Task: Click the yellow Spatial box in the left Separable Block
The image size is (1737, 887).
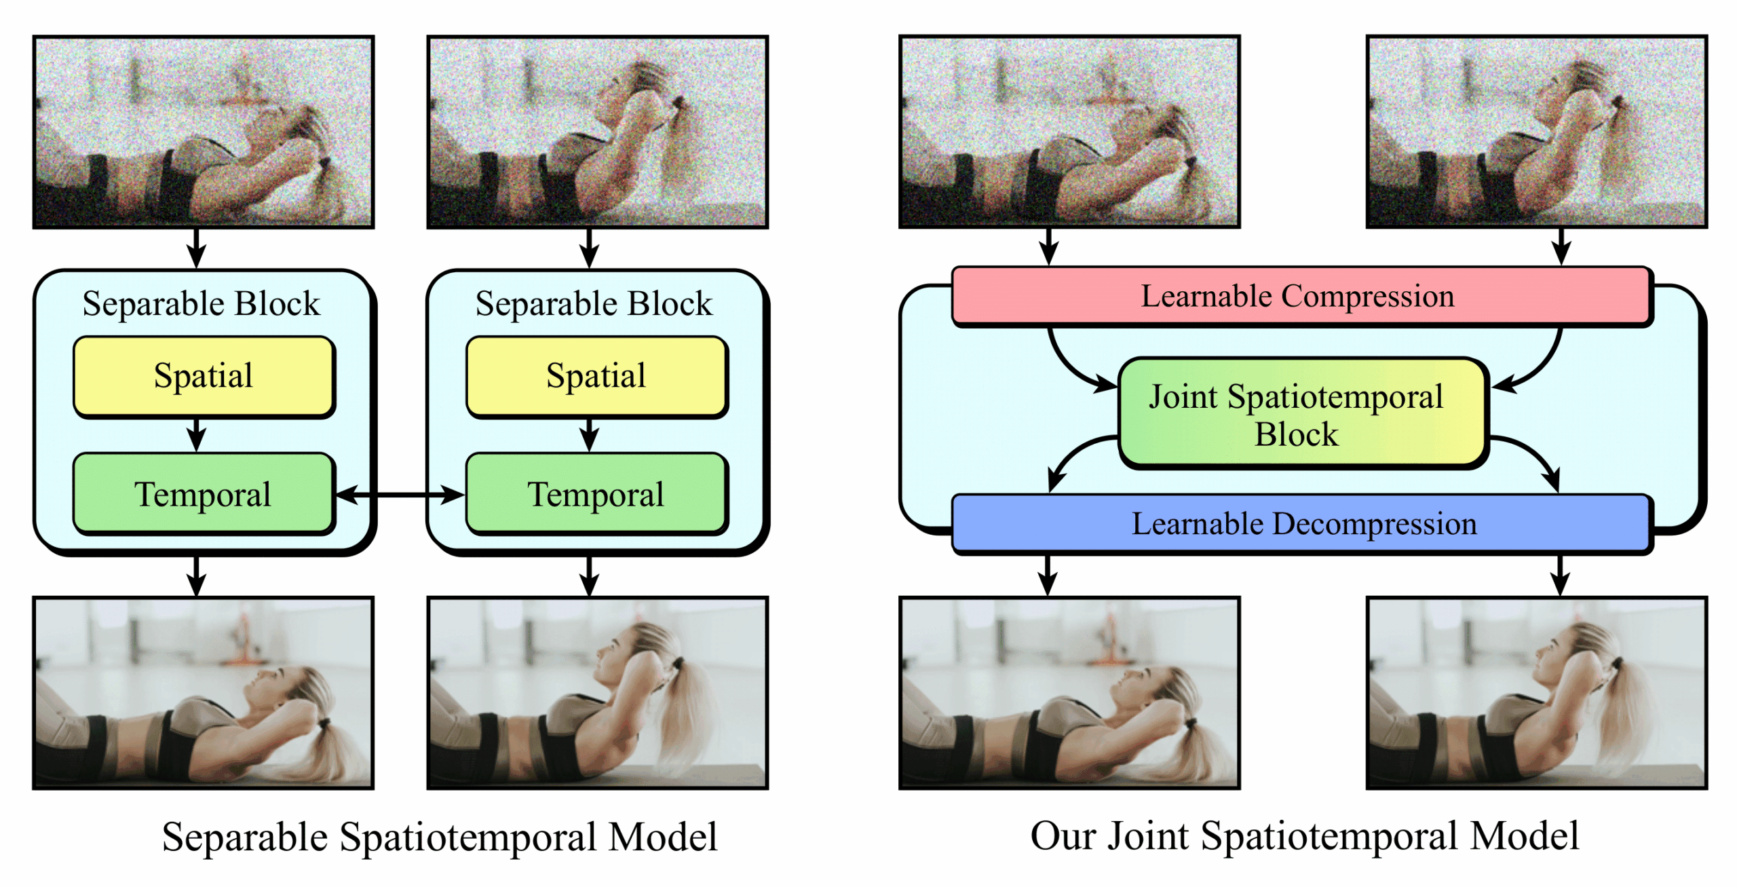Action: point(204,377)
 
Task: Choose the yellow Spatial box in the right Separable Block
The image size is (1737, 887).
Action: point(596,377)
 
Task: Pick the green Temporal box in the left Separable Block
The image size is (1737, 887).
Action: point(204,494)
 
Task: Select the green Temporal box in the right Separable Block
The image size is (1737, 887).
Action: point(596,494)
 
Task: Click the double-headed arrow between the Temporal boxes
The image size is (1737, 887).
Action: point(400,495)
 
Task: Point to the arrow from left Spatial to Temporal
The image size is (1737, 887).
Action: point(196,435)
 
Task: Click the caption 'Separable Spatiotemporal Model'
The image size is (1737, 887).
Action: point(440,837)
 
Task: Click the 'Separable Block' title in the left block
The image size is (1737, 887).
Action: point(201,303)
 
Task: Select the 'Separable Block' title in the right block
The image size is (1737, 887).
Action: point(594,303)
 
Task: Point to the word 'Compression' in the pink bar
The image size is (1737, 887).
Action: point(1367,297)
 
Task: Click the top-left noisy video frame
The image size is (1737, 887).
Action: point(204,132)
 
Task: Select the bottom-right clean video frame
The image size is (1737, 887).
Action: point(1536,693)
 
